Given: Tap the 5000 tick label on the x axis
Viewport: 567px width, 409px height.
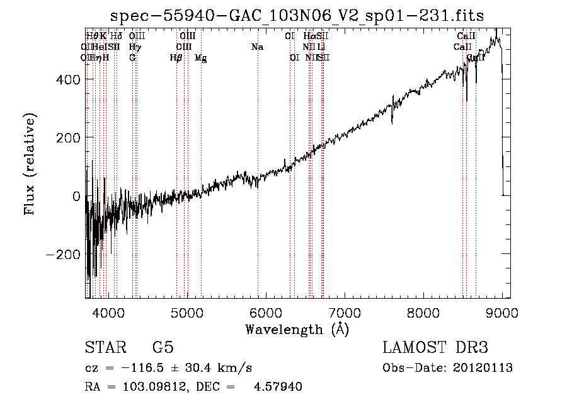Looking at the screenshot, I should click(x=186, y=313).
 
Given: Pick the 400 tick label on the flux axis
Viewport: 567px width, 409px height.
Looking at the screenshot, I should click(x=67, y=79).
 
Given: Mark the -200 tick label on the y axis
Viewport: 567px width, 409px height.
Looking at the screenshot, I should click(x=62, y=255).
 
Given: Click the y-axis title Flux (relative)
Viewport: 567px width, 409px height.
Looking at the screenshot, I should click(x=30, y=164).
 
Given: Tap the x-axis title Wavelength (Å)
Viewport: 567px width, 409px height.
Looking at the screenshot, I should click(x=297, y=330).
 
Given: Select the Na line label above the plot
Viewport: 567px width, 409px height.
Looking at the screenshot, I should click(x=257, y=47).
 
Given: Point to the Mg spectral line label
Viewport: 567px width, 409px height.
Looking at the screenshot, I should click(x=200, y=58).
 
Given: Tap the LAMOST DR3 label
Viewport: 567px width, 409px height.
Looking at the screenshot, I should click(x=435, y=349).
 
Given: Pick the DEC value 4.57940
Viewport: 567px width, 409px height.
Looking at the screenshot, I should click(x=278, y=387).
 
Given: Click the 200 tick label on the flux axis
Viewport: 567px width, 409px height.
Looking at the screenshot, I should click(x=67, y=138).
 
